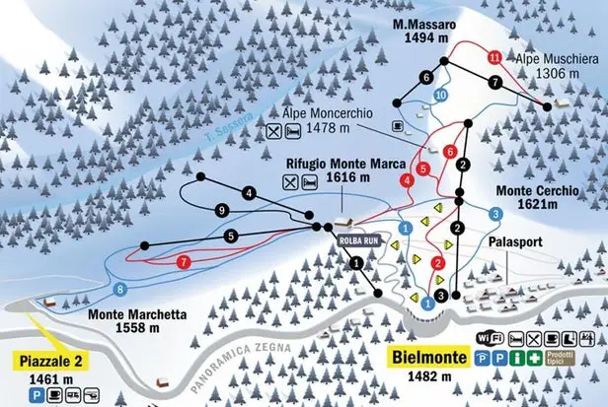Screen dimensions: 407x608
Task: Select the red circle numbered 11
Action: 494,58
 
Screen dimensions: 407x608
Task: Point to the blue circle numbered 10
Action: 440,94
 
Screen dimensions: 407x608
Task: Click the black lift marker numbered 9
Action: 223,211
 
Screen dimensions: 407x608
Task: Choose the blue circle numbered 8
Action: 120,289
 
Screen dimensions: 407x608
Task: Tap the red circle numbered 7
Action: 184,262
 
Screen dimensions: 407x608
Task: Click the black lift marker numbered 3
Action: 441,295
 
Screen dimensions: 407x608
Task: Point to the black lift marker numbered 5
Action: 230,237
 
